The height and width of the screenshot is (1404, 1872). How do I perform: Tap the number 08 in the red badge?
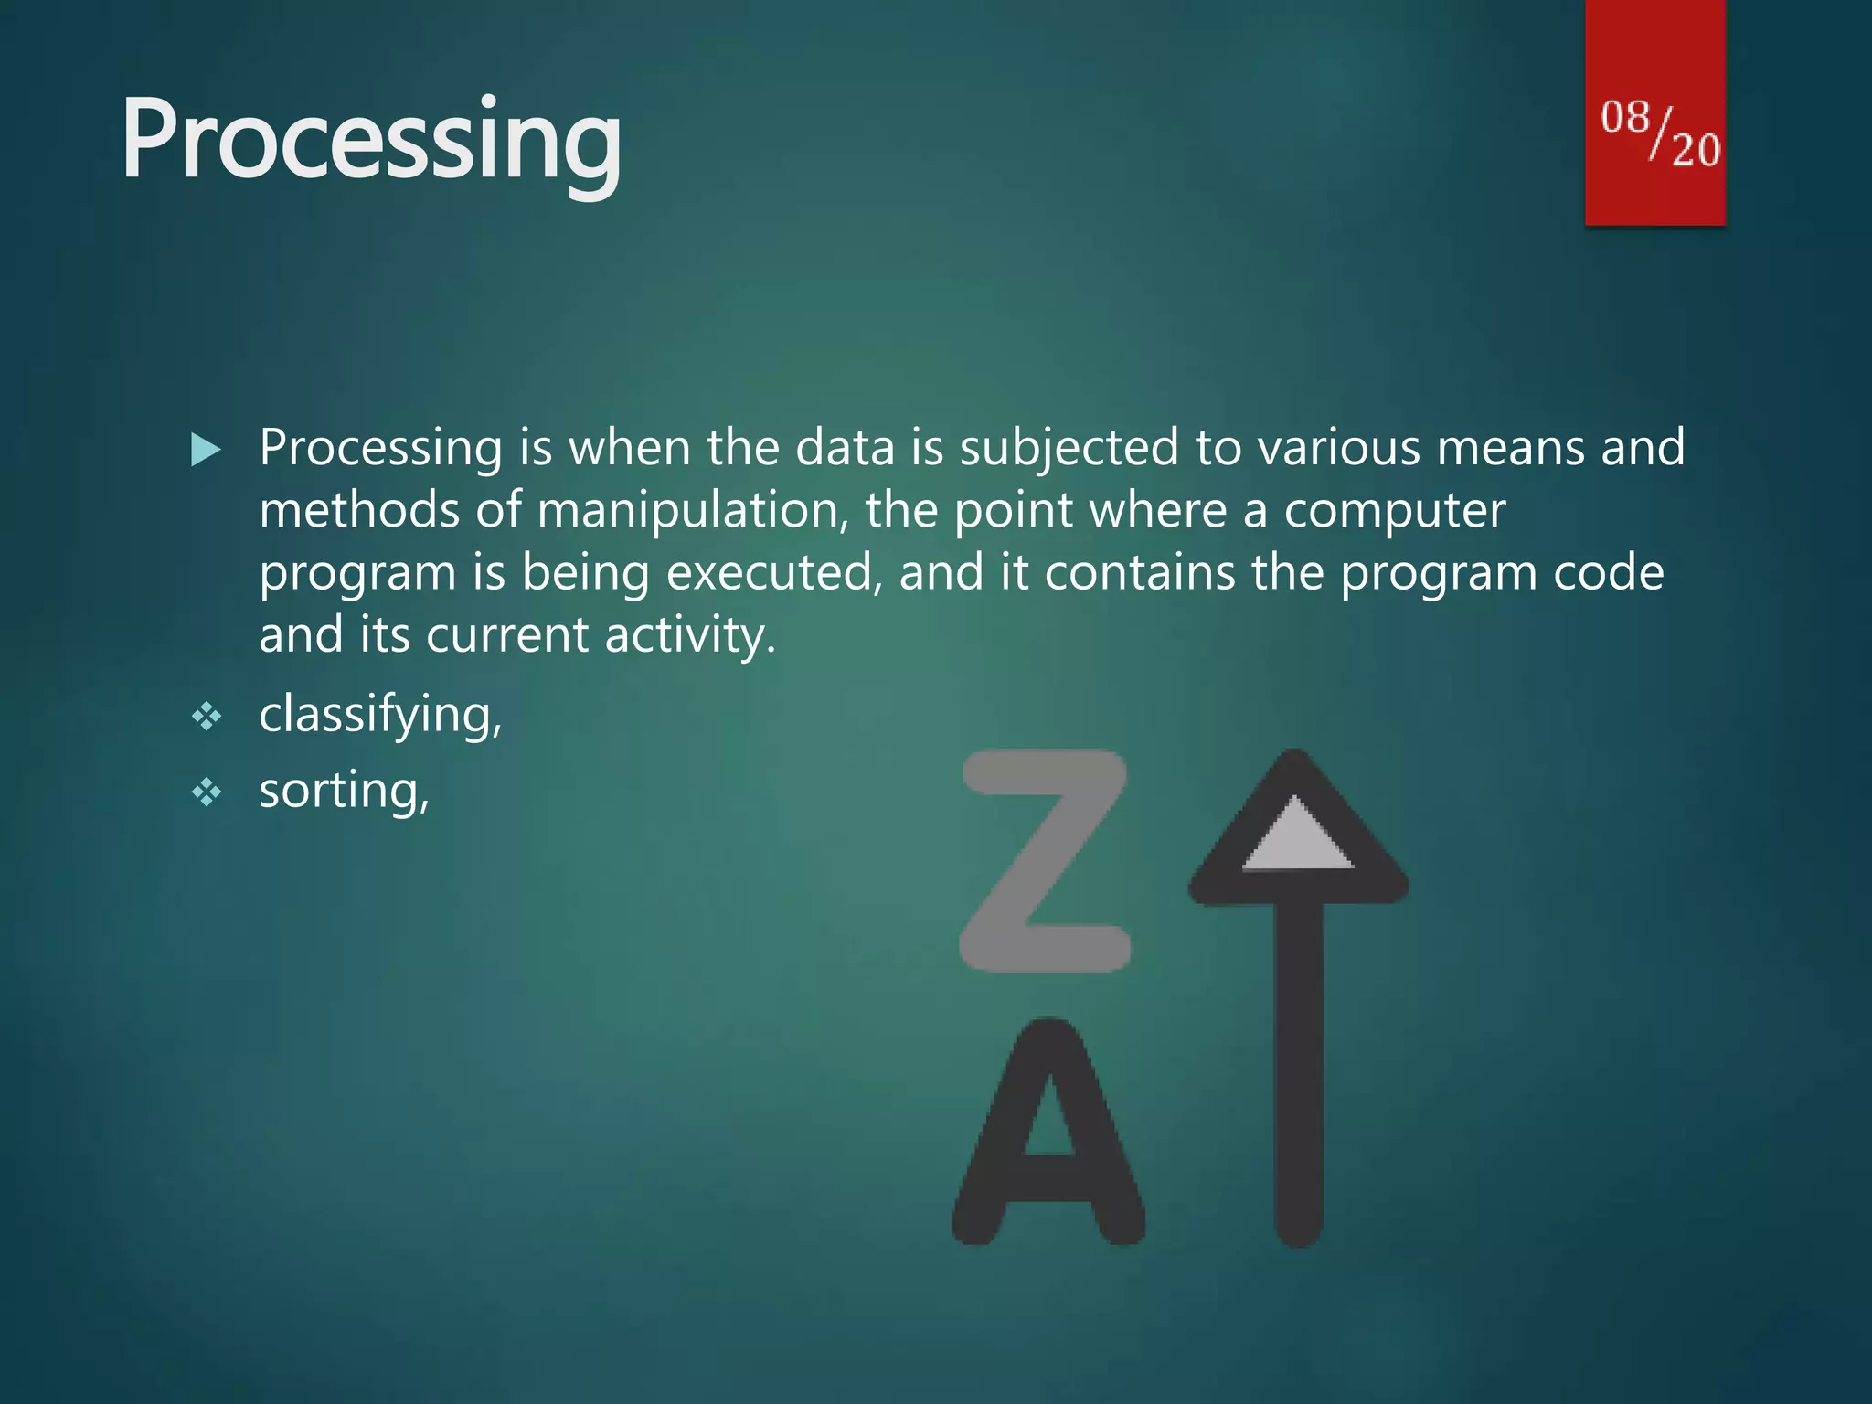tap(1625, 118)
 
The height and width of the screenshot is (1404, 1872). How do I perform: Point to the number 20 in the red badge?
tap(1696, 149)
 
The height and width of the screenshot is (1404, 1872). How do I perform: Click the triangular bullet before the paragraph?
tap(206, 450)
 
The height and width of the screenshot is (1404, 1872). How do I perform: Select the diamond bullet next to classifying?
tap(207, 716)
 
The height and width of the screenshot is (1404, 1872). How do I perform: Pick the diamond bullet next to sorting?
tap(207, 792)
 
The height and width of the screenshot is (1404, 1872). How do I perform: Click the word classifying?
tap(378, 715)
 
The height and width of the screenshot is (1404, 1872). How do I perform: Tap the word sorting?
tap(343, 791)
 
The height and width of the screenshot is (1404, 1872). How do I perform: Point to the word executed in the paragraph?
tap(774, 573)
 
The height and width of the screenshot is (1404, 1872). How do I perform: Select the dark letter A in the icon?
tap(1048, 1133)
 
